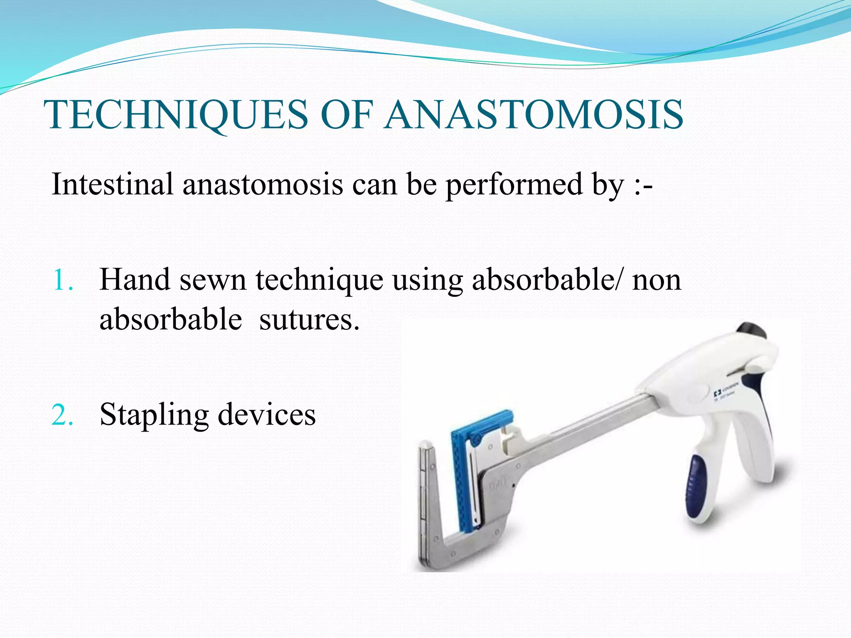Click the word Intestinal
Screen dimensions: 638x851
(112, 184)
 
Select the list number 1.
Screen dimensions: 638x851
(62, 280)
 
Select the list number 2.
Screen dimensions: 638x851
(62, 415)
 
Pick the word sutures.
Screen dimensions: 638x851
(309, 320)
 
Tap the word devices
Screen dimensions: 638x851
(267, 415)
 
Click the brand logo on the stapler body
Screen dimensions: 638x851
(718, 393)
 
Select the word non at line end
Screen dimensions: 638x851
(657, 280)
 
